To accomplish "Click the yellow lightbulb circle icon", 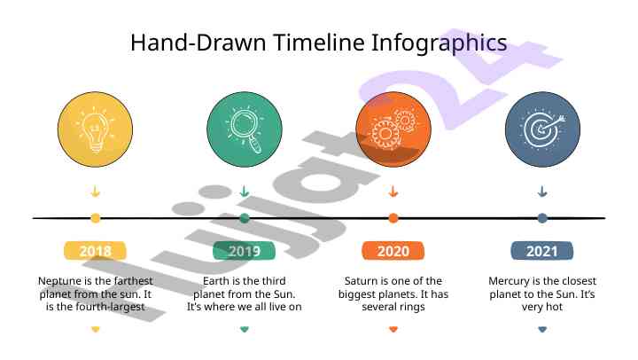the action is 95,129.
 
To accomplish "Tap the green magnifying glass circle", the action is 245,129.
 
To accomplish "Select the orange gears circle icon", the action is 393,129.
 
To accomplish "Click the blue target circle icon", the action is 542,129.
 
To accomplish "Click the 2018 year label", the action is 95,250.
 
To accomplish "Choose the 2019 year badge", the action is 245,250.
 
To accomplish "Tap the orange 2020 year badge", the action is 393,250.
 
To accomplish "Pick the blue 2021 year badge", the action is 542,250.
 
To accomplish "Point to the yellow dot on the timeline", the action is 95,218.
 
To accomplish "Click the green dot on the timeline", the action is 245,218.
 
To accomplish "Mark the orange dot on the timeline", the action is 393,218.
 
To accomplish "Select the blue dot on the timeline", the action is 542,218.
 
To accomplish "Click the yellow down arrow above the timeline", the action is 95,192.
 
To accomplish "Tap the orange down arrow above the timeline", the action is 393,192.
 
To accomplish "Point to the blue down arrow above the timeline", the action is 542,192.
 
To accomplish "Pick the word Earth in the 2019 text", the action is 216,281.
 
